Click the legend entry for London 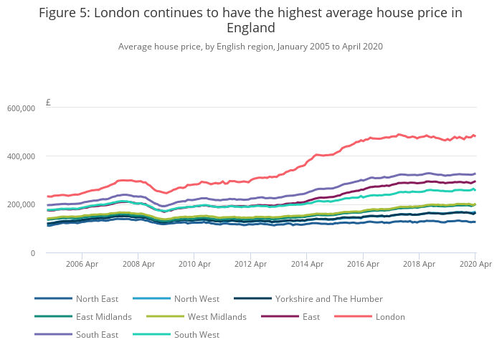click(390, 316)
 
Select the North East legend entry click(97, 298)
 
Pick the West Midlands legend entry click(217, 316)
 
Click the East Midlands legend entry click(103, 316)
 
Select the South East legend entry click(97, 334)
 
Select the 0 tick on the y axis click(32, 253)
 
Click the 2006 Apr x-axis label click(82, 265)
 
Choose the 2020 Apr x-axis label click(475, 265)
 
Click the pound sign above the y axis click(48, 103)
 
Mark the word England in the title click(250, 28)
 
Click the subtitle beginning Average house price click(250, 47)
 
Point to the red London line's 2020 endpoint click(475, 136)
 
